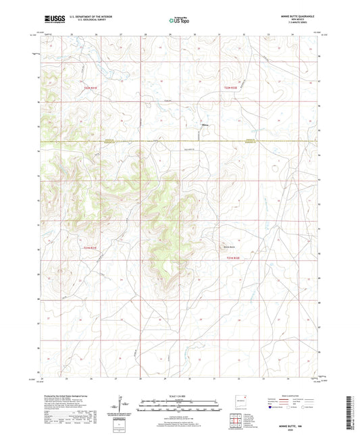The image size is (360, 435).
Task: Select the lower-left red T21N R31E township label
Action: [x=91, y=249]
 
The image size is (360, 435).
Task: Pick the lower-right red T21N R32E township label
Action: [x=233, y=257]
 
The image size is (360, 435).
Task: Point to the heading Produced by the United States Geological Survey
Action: [x=68, y=396]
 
